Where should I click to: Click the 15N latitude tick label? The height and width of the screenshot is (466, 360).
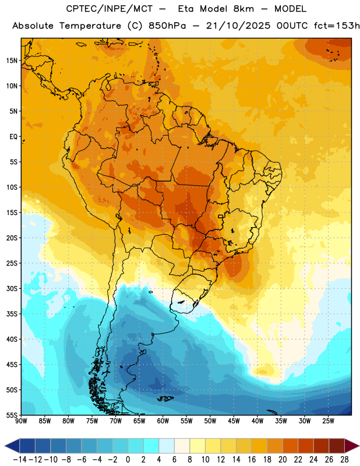tap(12, 61)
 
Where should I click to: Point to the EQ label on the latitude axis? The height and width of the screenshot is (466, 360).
tap(13, 137)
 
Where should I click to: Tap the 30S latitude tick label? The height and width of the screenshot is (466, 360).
tap(12, 288)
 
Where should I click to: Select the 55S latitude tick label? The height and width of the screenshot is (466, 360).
tap(12, 415)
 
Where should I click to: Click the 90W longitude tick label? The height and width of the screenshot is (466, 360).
tap(21, 421)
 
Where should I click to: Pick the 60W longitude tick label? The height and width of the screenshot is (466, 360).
tap(163, 421)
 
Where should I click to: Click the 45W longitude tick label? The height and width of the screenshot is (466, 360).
tap(234, 421)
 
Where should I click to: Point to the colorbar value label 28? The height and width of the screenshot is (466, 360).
tap(344, 460)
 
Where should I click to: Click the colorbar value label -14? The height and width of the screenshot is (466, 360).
tap(20, 460)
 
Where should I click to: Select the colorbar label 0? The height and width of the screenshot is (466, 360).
tap(128, 460)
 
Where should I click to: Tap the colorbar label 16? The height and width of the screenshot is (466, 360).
tap(252, 460)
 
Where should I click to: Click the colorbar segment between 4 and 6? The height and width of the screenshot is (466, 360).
tap(167, 446)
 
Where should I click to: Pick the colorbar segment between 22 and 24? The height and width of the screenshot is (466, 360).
tap(306, 446)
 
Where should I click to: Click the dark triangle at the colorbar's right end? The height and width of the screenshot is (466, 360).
tap(352, 446)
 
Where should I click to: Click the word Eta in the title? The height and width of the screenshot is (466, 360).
tap(186, 9)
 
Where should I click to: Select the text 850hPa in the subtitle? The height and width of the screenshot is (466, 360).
tap(167, 26)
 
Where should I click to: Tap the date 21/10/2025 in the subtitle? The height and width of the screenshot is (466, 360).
tap(238, 26)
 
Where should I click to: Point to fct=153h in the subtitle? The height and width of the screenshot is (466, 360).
tap(337, 26)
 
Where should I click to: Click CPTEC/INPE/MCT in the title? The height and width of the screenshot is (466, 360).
tap(109, 9)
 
